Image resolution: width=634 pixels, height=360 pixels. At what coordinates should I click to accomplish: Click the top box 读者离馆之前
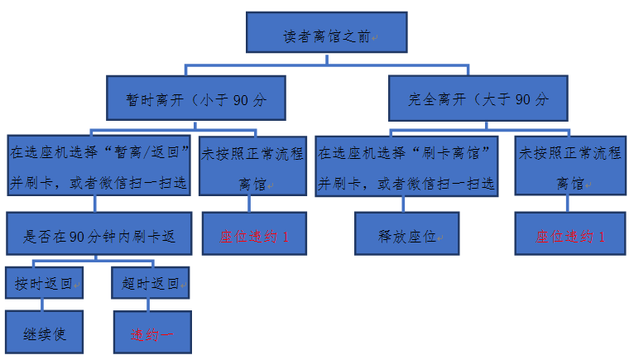point(326,37)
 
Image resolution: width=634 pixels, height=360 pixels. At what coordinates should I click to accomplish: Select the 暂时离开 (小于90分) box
point(195,100)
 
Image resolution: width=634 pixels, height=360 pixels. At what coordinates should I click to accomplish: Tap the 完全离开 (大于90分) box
point(478,100)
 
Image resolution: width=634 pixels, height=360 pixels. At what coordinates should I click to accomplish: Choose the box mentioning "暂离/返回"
point(100,166)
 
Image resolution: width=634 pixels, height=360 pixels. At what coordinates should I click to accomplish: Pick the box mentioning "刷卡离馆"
point(406,166)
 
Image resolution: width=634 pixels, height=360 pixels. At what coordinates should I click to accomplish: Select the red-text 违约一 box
point(151,333)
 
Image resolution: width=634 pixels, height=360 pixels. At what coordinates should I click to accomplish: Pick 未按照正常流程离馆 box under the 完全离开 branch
point(569,166)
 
